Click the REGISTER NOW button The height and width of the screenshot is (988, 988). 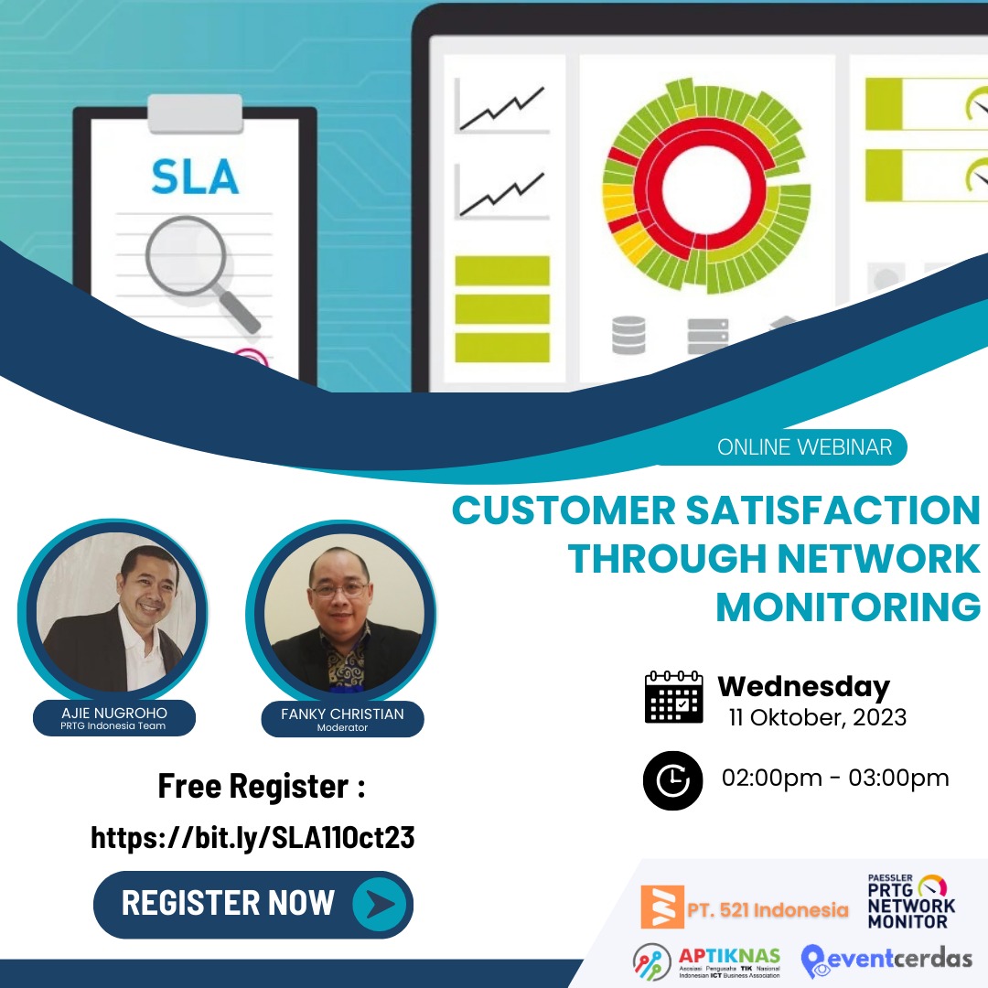(x=252, y=904)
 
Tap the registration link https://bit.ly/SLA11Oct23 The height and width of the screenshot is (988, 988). (x=252, y=837)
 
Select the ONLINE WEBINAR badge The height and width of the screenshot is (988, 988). (x=803, y=447)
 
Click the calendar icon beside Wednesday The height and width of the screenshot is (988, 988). (x=673, y=698)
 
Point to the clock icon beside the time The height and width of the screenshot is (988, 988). (x=672, y=779)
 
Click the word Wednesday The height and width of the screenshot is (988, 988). (x=803, y=686)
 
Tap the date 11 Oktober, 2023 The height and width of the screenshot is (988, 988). (x=817, y=717)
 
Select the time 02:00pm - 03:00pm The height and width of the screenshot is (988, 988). (x=835, y=779)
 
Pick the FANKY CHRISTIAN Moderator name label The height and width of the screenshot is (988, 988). (x=341, y=719)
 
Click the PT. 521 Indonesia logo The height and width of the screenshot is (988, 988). (x=744, y=908)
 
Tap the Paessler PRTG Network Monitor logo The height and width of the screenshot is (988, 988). (x=911, y=901)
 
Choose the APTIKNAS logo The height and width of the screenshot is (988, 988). (x=706, y=961)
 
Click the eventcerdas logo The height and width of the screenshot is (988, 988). (x=886, y=960)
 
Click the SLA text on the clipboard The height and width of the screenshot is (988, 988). (x=195, y=177)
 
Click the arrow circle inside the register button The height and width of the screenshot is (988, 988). (x=379, y=904)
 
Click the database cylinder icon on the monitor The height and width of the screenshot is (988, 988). (x=628, y=335)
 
